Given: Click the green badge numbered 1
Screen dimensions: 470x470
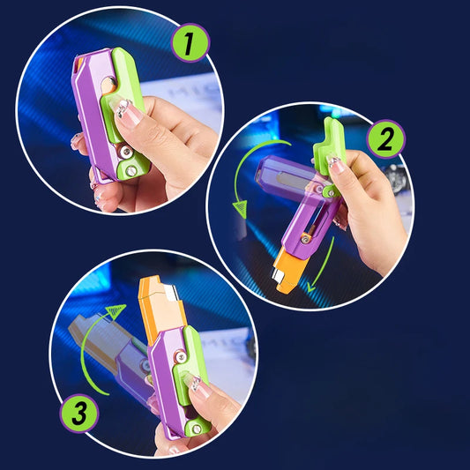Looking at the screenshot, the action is (190, 43).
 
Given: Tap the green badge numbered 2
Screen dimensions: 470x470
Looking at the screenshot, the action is (385, 138).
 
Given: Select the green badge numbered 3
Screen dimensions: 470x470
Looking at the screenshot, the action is (79, 414).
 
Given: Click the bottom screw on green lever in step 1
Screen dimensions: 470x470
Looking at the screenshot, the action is (131, 171).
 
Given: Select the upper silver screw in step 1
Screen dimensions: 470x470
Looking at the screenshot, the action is (126, 152).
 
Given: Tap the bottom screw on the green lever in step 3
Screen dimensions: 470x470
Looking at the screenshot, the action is (197, 429).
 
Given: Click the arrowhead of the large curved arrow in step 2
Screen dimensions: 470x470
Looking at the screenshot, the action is (240, 209).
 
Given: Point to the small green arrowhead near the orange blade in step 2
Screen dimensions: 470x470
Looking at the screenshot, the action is (311, 287).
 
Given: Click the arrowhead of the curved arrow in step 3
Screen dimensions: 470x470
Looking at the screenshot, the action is (116, 310).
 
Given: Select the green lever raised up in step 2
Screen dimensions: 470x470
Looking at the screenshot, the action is (329, 147).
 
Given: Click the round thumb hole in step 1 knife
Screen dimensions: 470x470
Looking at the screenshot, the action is (108, 85).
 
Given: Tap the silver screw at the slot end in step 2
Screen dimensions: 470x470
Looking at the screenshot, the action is (305, 238).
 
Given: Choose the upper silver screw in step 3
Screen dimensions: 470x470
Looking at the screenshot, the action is (181, 357).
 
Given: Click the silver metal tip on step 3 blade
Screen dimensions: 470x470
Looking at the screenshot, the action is (172, 293).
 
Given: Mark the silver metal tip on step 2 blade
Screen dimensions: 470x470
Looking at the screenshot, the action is (277, 275).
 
